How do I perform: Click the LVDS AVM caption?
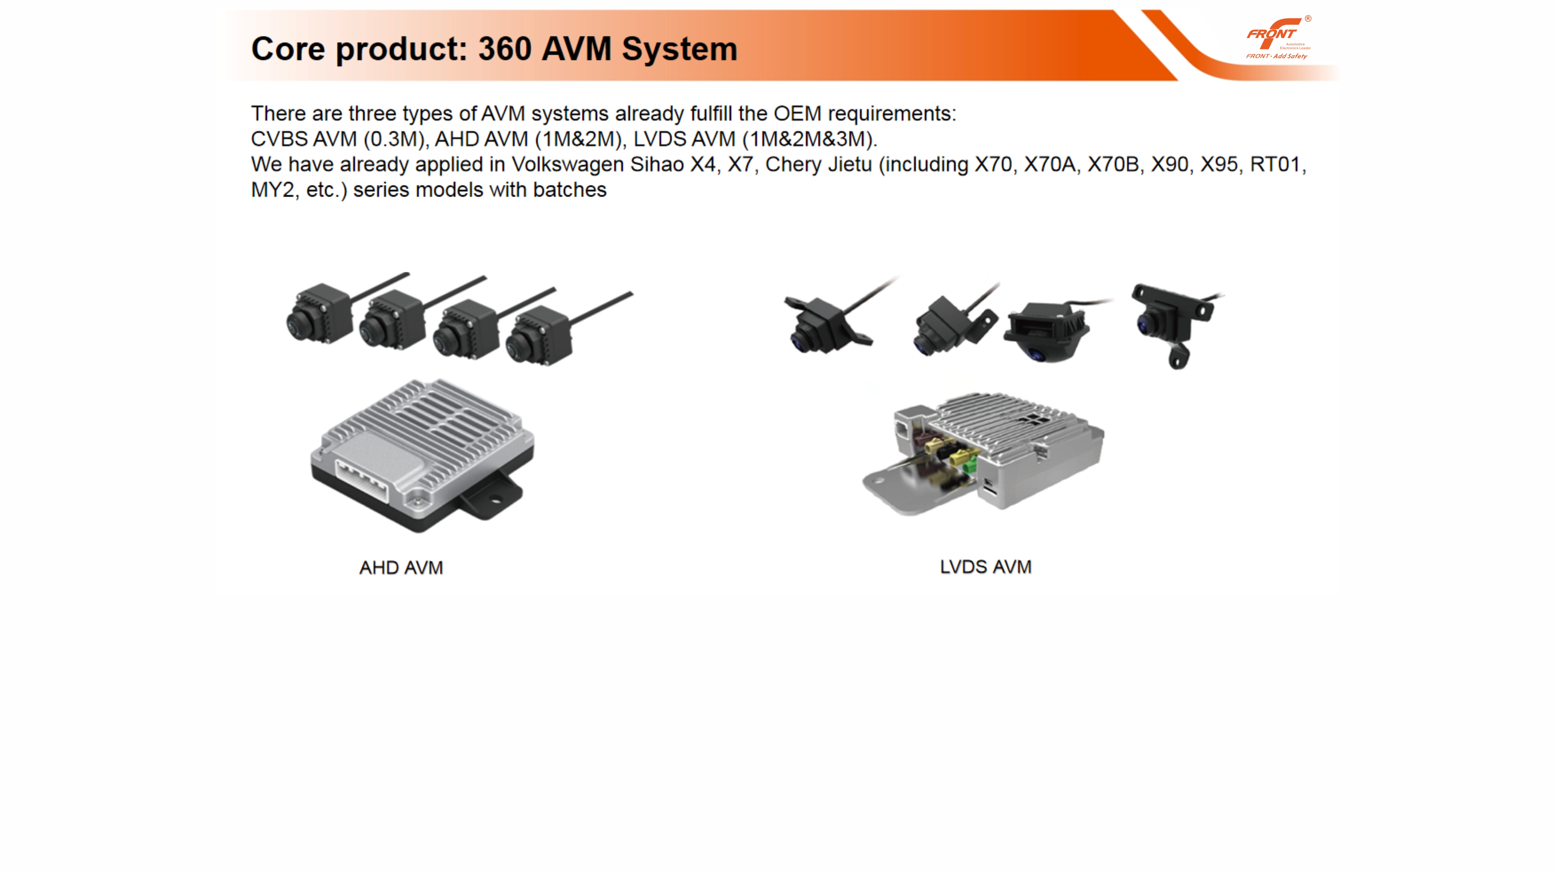[985, 567]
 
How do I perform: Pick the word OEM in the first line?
[797, 114]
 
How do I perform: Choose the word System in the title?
[679, 49]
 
